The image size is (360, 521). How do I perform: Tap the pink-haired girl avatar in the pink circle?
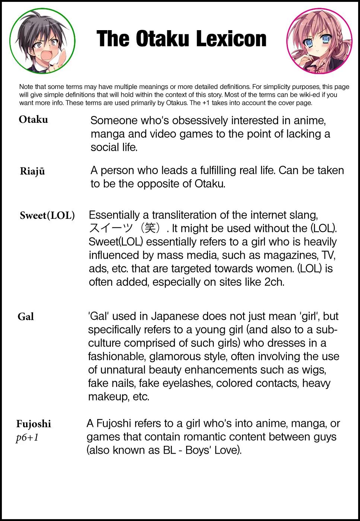coord(319,41)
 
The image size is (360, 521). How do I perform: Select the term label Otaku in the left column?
coord(34,119)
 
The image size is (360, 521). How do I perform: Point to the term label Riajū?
coord(32,171)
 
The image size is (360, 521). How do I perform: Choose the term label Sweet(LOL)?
coord(47,215)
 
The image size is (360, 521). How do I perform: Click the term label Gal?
coord(26,317)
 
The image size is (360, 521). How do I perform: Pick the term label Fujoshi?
coord(34,424)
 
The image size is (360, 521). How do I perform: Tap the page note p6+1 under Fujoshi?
coord(27,438)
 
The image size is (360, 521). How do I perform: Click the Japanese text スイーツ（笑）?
coord(127,228)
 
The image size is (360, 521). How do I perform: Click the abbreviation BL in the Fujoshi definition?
coord(169,450)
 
